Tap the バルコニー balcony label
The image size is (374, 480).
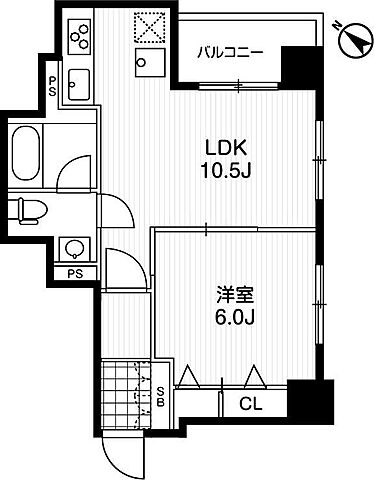coord(230,52)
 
